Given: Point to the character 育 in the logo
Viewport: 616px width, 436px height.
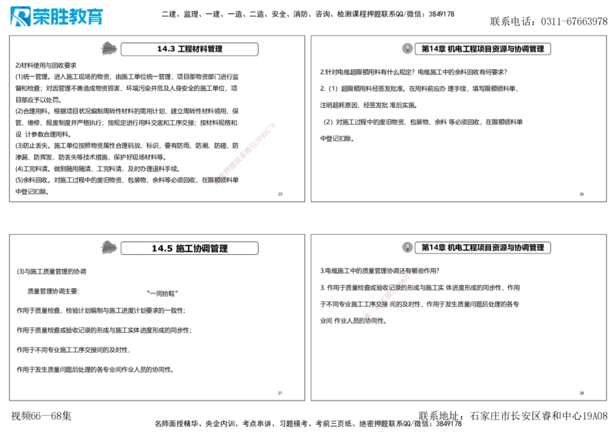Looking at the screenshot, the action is (94, 17).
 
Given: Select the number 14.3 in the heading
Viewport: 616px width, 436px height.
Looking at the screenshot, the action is (166, 49).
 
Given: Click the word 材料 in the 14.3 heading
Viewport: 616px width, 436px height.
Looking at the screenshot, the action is (200, 49).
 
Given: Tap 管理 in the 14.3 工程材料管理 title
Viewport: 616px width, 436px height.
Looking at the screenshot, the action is (216, 49).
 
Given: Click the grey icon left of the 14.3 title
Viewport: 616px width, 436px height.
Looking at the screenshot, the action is (109, 49).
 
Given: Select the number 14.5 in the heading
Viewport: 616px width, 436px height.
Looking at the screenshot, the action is (162, 248).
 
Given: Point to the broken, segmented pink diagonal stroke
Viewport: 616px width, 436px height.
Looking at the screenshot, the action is (389, 293).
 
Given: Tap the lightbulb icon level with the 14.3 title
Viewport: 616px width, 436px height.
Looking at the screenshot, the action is (407, 49).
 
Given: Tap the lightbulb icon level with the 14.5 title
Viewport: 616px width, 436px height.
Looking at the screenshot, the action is (407, 247).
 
